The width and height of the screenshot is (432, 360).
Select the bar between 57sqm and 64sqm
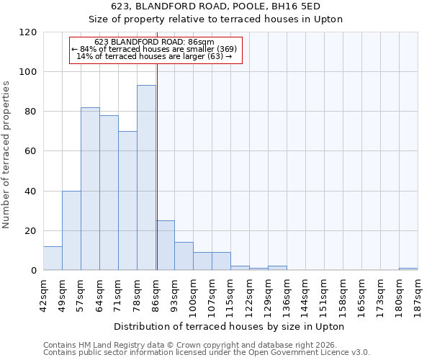90,189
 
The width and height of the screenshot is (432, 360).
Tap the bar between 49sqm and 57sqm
71,230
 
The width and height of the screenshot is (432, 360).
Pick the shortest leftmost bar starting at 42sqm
53,258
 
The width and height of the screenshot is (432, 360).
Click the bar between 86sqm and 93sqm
165,246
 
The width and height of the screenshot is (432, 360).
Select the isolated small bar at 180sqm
408,269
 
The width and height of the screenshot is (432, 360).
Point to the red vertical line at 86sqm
156,166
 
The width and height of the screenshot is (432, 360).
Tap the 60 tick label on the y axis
31,151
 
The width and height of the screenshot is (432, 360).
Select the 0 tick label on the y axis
34,271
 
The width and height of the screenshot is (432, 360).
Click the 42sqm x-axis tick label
44,292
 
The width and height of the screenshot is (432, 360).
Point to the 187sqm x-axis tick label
418,292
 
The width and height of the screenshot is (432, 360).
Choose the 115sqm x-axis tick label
231,292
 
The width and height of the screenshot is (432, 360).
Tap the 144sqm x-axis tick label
306,292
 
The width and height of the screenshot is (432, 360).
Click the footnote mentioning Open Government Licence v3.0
207,353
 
